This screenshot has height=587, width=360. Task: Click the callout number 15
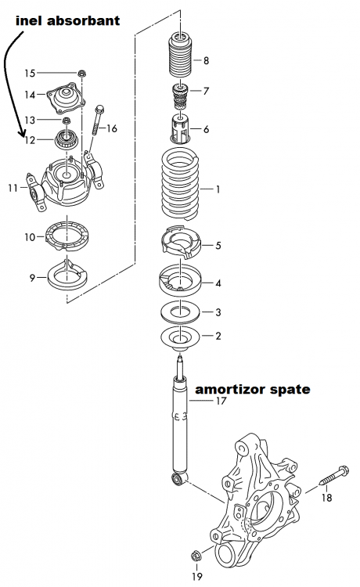[30, 74]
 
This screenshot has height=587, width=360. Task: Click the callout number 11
[12, 188]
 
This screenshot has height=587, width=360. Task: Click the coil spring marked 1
[182, 186]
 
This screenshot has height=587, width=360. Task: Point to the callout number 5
[218, 245]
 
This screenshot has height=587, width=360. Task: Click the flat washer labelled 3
[182, 312]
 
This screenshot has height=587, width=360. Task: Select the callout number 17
[221, 402]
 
